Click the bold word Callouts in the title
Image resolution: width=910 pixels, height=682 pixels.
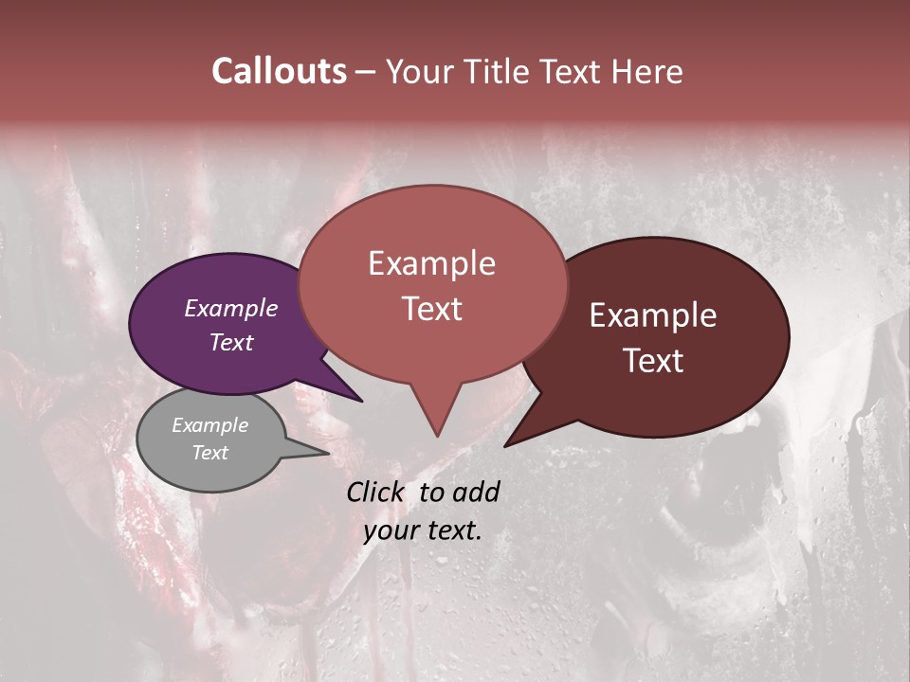pyautogui.click(x=279, y=71)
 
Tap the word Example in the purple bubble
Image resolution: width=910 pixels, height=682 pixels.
pyautogui.click(x=230, y=309)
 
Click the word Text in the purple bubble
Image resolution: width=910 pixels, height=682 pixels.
pyautogui.click(x=230, y=342)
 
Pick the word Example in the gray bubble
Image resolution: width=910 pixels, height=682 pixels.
pyautogui.click(x=209, y=425)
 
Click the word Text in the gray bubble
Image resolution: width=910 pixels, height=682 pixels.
pyautogui.click(x=209, y=453)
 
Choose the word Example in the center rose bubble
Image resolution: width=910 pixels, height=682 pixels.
pyautogui.click(x=431, y=263)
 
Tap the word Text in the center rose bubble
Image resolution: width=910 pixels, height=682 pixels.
pyautogui.click(x=431, y=309)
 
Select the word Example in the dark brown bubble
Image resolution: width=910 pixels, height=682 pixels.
pyautogui.click(x=653, y=315)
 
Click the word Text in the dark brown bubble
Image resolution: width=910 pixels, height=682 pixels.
pyautogui.click(x=653, y=361)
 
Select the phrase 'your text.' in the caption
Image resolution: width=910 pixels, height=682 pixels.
pyautogui.click(x=423, y=531)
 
